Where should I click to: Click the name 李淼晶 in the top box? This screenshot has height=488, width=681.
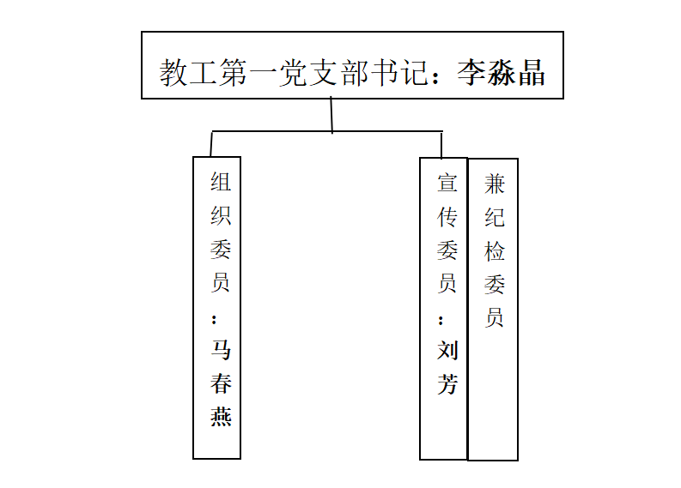pos(501,72)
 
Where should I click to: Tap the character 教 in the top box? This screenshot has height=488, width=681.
pos(173,72)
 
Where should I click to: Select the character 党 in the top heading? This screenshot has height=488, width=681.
pos(293,72)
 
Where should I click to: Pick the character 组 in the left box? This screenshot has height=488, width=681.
pos(221,181)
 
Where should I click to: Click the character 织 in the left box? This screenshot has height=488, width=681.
pos(221,215)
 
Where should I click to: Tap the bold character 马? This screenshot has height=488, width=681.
pos(221,350)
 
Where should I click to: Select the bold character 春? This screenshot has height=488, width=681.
pos(221,383)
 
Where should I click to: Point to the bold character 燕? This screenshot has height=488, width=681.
pos(221,417)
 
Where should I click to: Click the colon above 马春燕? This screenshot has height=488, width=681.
pos(214,320)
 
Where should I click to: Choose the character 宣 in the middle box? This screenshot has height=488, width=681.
pos(447,182)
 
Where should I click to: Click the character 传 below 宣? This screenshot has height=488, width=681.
pos(447,216)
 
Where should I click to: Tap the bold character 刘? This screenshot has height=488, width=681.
pos(447,351)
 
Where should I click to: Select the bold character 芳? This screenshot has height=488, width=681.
pos(447,384)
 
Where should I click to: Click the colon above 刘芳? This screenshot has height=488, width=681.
pos(441,321)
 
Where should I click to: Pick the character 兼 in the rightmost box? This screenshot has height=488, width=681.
pos(495,184)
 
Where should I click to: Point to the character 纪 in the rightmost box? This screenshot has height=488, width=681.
pos(495,217)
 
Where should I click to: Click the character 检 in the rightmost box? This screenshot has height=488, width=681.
pos(495,251)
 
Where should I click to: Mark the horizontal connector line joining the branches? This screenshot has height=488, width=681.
pos(327,131)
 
